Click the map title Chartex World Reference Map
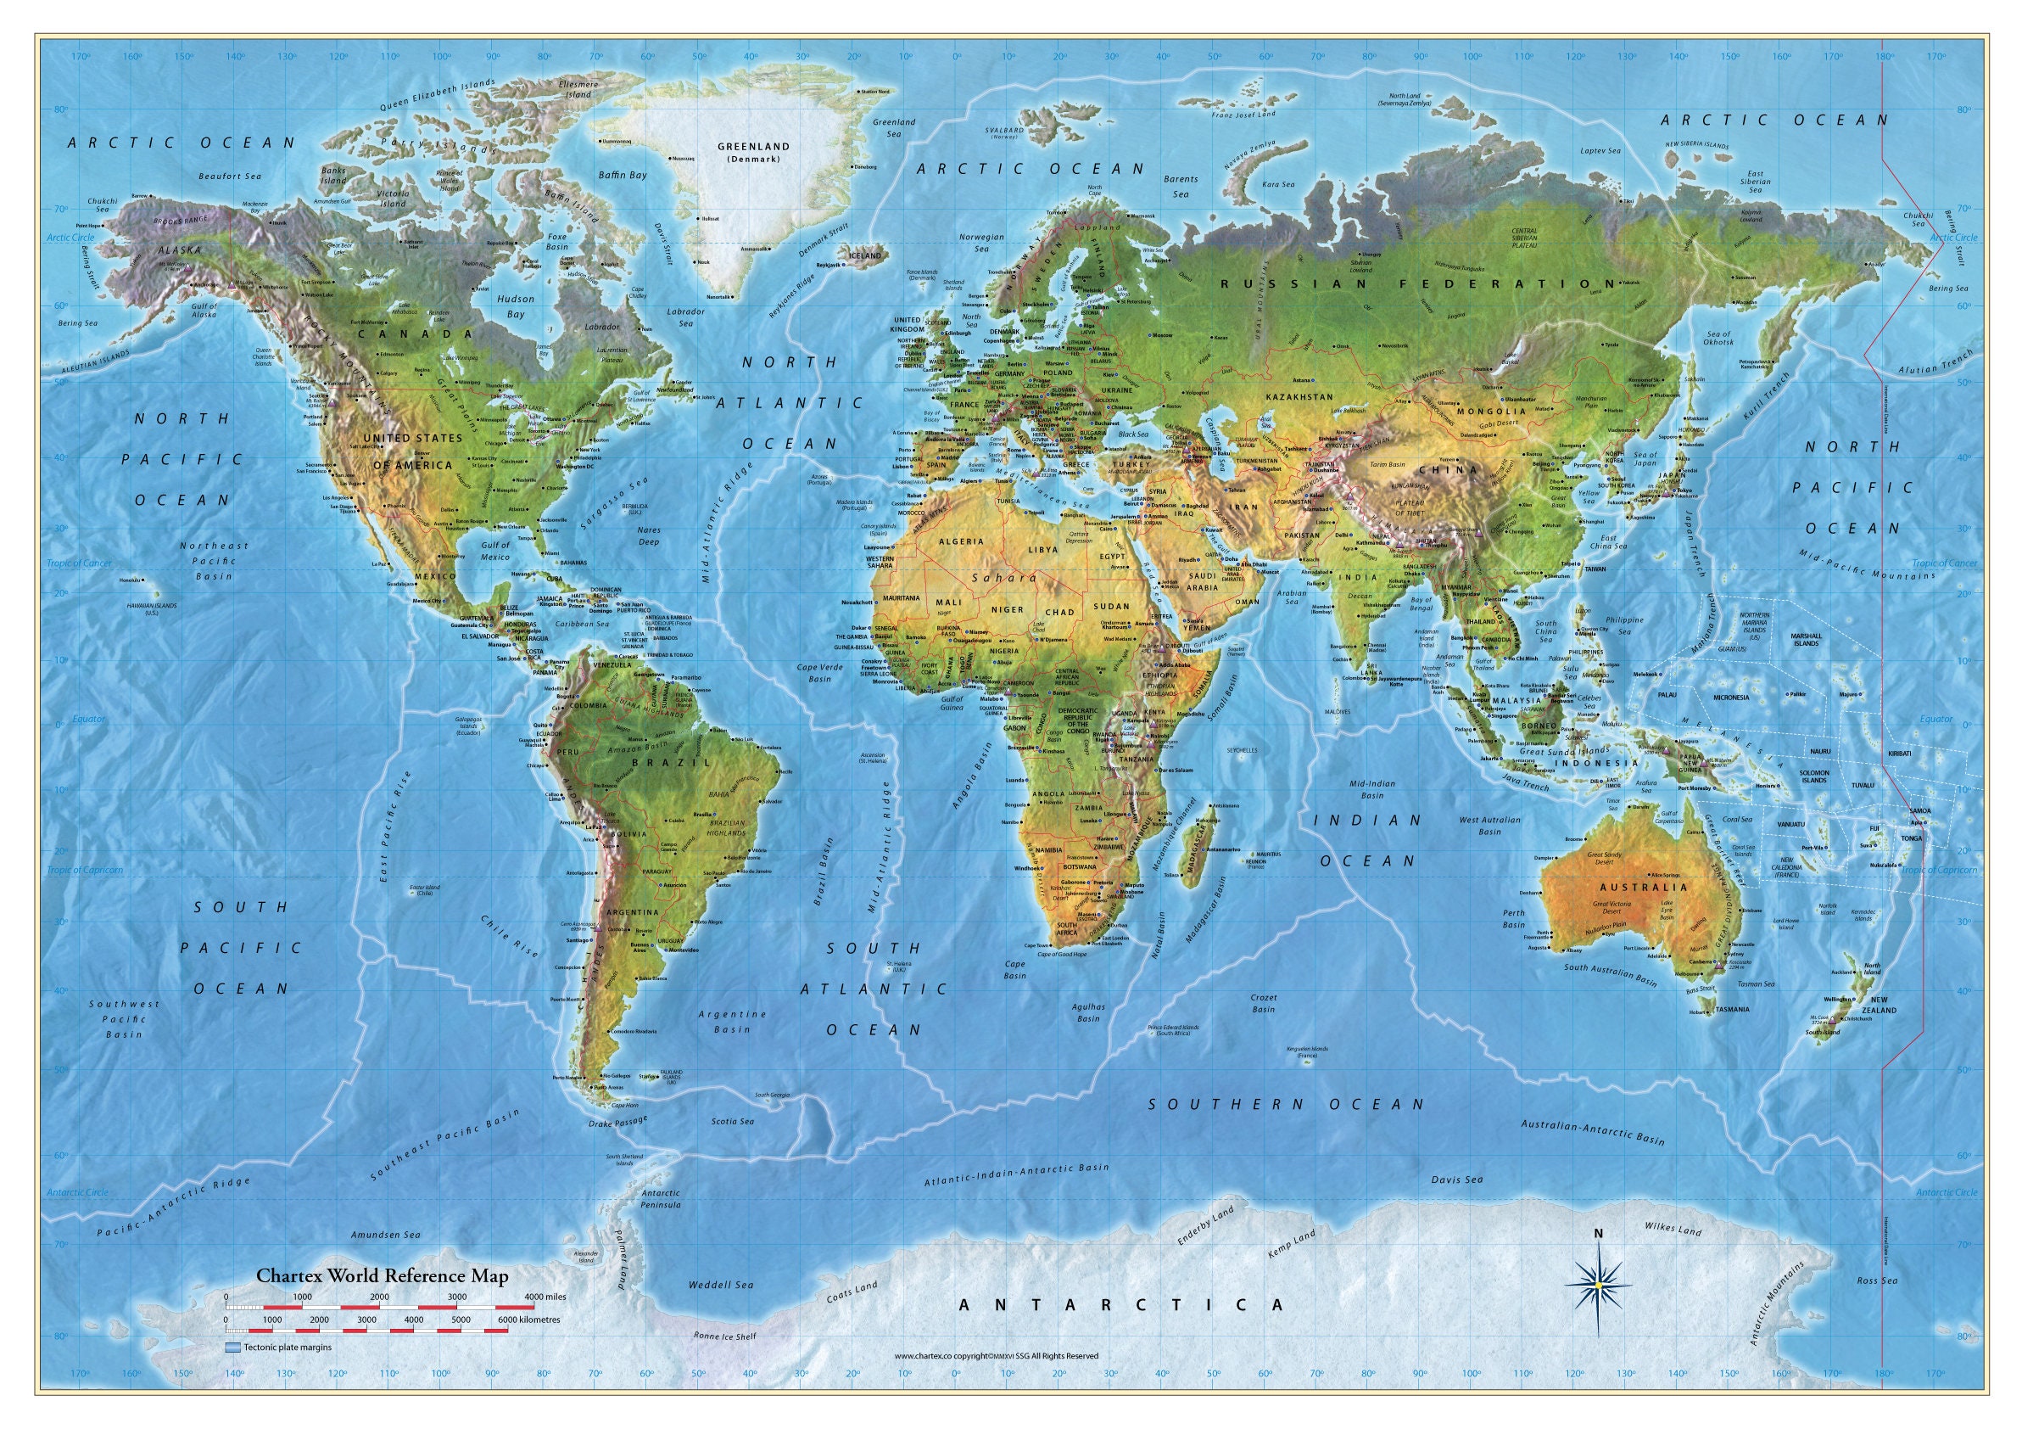pos(383,1275)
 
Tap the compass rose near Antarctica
pos(1599,1286)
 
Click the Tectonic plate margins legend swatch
pos(232,1347)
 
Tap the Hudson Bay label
pos(515,305)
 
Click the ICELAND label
pos(864,255)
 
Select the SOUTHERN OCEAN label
pos(1286,1104)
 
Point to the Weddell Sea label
pos(720,1286)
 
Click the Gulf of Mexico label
pos(495,551)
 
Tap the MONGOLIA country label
pos(1491,412)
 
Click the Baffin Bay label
pos(623,176)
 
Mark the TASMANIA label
pos(1732,1009)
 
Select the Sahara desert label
pos(1004,578)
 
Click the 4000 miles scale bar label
pos(545,1297)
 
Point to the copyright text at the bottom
pos(996,1356)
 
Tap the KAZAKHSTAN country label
pos(1299,397)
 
